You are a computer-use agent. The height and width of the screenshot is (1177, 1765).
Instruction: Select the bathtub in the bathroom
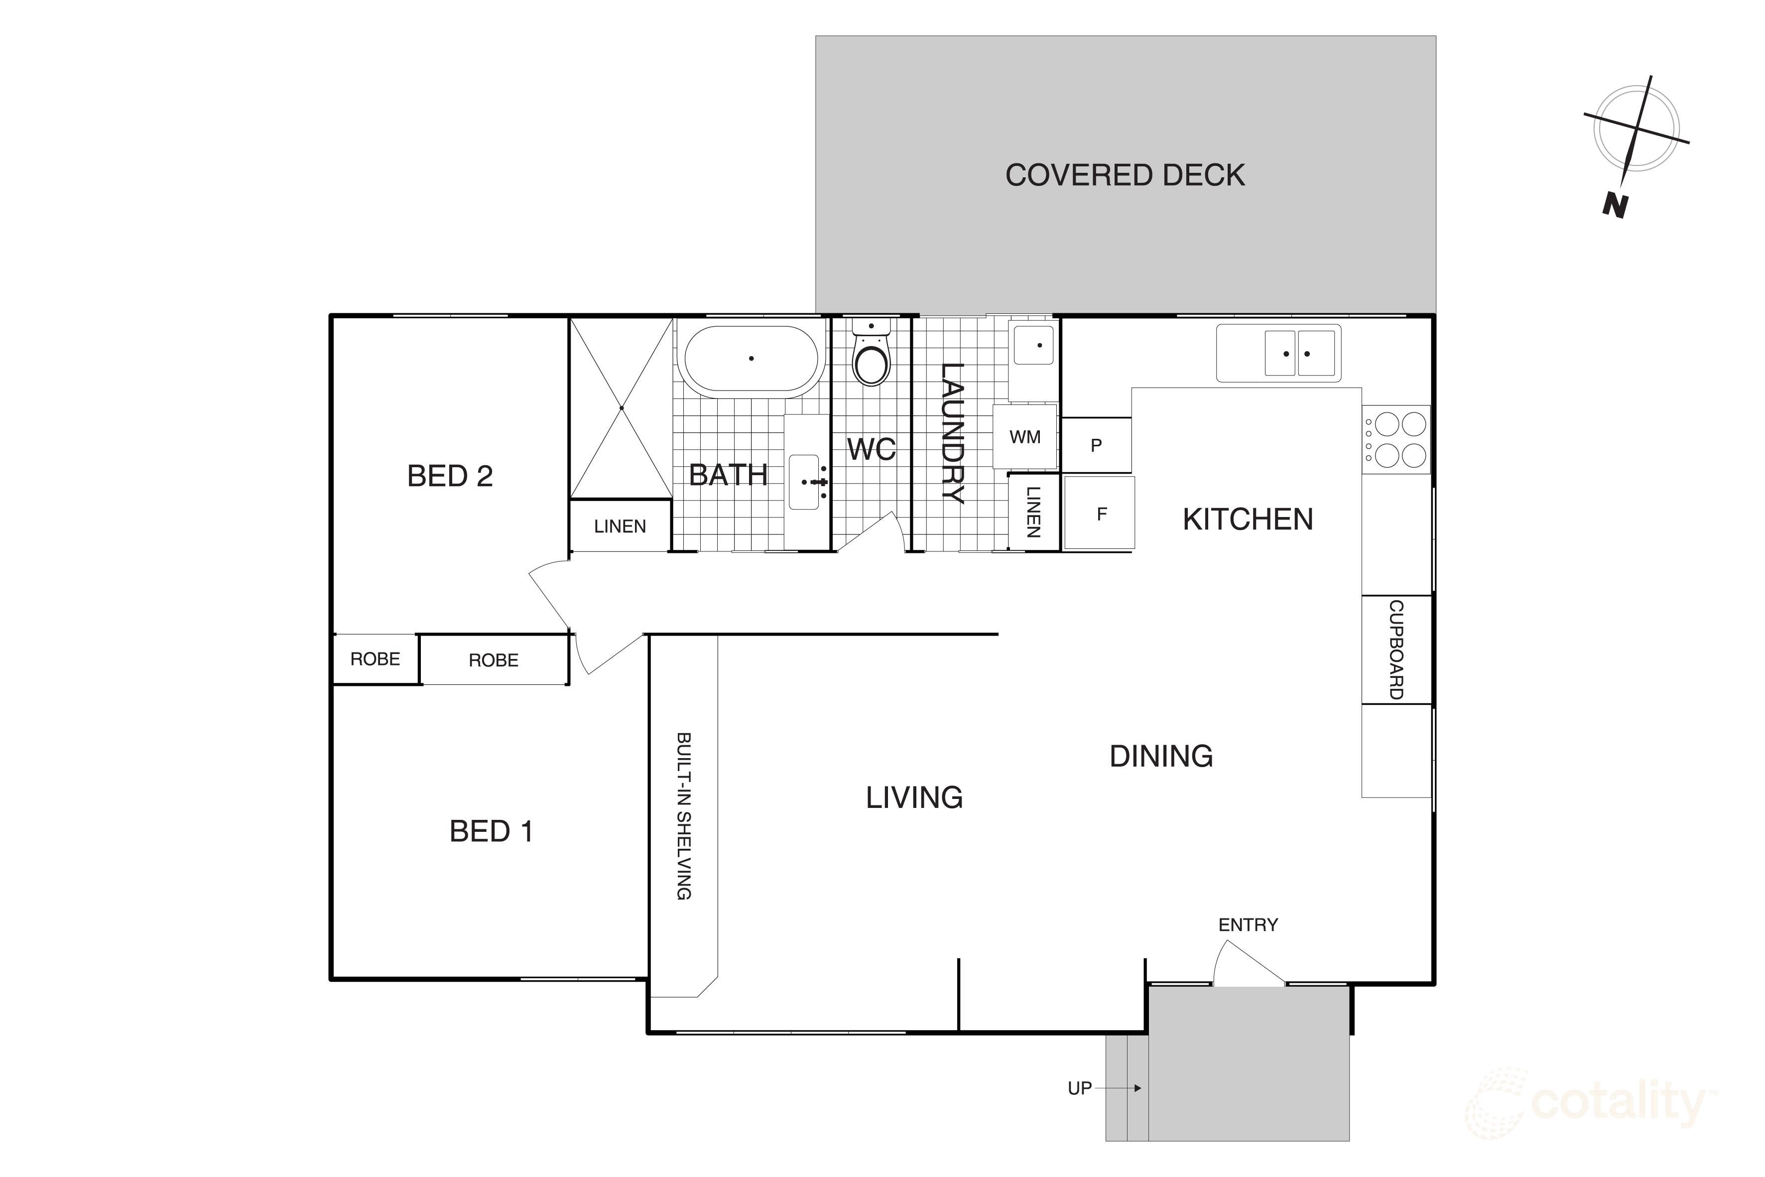click(751, 359)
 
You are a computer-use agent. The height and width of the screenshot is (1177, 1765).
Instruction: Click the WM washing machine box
click(1024, 437)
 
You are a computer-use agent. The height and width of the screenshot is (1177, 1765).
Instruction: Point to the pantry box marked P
click(1096, 445)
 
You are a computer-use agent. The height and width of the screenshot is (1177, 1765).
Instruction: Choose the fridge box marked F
click(1101, 514)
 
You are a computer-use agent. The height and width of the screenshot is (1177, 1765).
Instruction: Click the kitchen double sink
click(1298, 353)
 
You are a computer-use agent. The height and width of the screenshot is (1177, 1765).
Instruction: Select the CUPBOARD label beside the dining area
click(1396, 650)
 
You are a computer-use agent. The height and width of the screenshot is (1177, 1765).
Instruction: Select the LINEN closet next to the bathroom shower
click(620, 526)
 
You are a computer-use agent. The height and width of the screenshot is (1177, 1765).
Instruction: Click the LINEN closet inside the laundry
click(1033, 512)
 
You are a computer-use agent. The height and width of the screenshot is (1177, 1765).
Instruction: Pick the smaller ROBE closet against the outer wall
click(375, 659)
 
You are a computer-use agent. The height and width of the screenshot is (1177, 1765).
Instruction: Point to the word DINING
click(1161, 756)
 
